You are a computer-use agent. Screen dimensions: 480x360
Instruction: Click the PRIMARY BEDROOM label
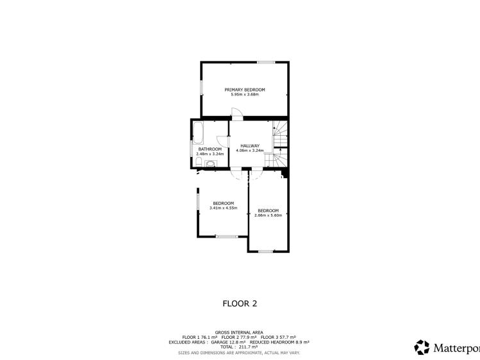pyautogui.click(x=245, y=90)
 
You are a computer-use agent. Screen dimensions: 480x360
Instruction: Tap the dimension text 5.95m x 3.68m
pyautogui.click(x=245, y=95)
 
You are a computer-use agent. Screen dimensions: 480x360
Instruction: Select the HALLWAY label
pyautogui.click(x=250, y=145)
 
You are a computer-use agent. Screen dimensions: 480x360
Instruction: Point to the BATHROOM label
pyautogui.click(x=210, y=149)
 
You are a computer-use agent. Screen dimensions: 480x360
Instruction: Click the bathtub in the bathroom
pyautogui.click(x=198, y=133)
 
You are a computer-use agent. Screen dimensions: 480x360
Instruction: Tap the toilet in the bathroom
pyautogui.click(x=199, y=162)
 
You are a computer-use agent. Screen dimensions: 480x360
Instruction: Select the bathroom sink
pyautogui.click(x=210, y=163)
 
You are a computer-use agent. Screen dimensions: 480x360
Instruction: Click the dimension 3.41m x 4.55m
pyautogui.click(x=223, y=208)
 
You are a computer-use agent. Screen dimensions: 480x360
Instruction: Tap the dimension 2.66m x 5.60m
pyautogui.click(x=268, y=215)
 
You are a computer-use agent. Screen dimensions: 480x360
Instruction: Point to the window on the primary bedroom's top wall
pyautogui.click(x=266, y=62)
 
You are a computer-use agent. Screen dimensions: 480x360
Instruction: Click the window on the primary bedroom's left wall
pyautogui.click(x=201, y=88)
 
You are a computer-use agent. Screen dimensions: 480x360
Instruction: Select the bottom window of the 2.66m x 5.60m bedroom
pyautogui.click(x=265, y=251)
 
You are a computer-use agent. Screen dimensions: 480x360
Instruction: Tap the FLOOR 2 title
pyautogui.click(x=240, y=304)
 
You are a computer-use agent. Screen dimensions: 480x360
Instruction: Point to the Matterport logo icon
pyautogui.click(x=422, y=347)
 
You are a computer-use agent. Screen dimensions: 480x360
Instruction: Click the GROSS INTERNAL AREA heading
pyautogui.click(x=239, y=332)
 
